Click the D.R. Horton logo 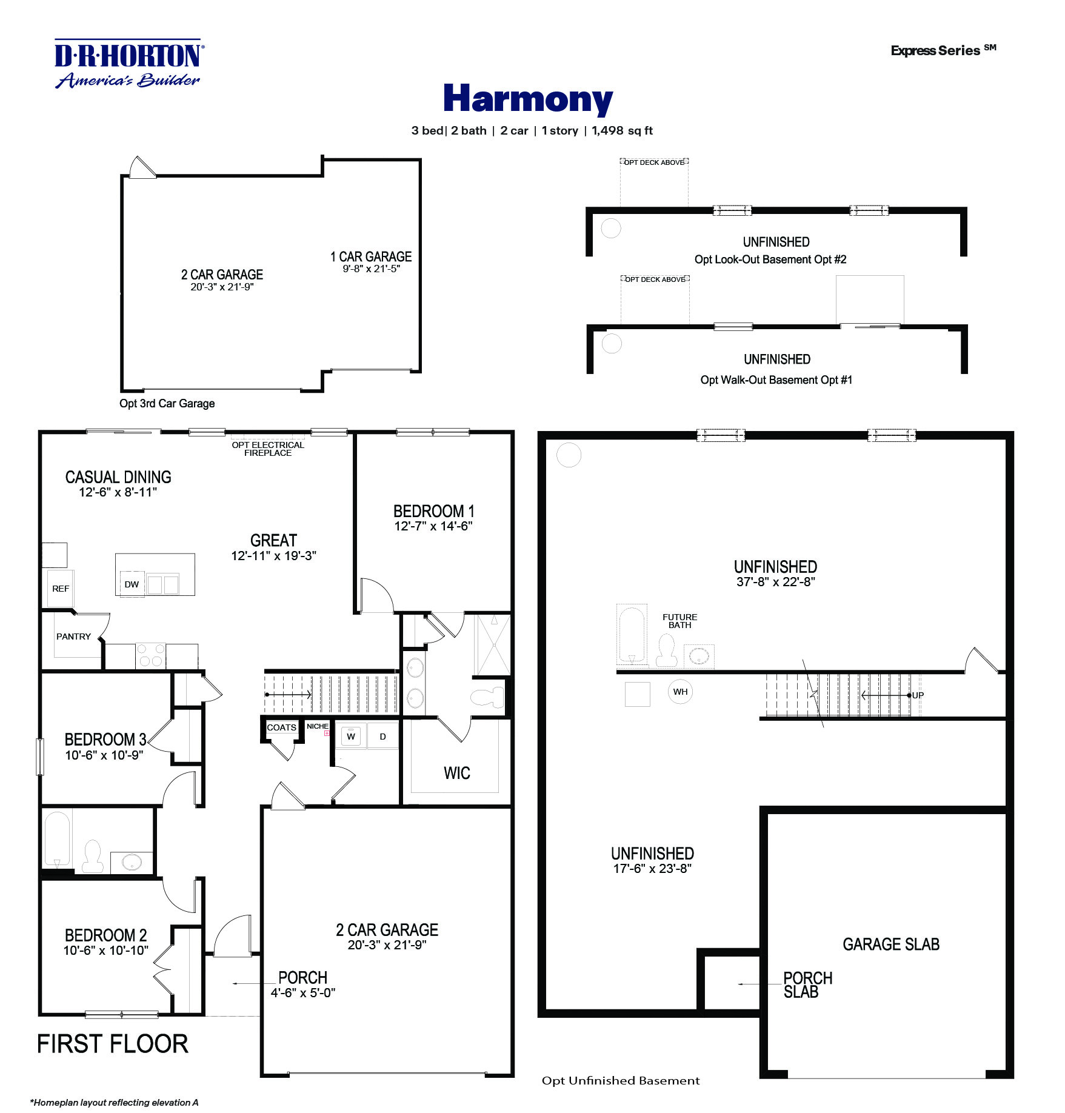click(x=129, y=64)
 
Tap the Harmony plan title click(x=527, y=99)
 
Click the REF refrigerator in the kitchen click(x=60, y=588)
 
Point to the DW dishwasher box click(x=132, y=584)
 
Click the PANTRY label click(x=73, y=637)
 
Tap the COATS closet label click(x=281, y=727)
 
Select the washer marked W click(x=350, y=737)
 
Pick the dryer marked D click(x=382, y=737)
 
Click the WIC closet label click(x=456, y=773)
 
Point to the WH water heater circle click(x=680, y=692)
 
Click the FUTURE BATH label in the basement click(x=679, y=621)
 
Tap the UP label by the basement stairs click(x=918, y=695)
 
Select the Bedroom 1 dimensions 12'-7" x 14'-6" click(x=433, y=526)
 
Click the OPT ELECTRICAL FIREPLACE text click(x=268, y=449)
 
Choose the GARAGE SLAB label click(x=890, y=944)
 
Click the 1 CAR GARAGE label click(x=370, y=256)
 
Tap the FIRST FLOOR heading click(x=113, y=1044)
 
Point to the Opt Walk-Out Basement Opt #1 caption click(x=776, y=380)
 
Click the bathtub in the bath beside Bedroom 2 click(x=57, y=840)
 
